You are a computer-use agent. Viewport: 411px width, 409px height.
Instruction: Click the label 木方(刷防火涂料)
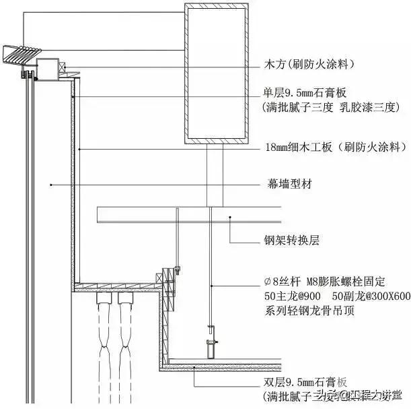309,65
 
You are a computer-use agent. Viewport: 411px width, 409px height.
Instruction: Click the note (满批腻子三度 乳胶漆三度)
332,107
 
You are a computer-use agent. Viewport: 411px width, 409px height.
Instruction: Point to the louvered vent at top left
22,53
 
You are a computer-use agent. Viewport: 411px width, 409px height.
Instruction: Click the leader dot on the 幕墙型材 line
51,183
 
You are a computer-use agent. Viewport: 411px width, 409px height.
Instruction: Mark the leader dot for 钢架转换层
231,217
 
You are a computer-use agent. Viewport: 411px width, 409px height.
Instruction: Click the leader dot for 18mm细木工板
79,147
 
